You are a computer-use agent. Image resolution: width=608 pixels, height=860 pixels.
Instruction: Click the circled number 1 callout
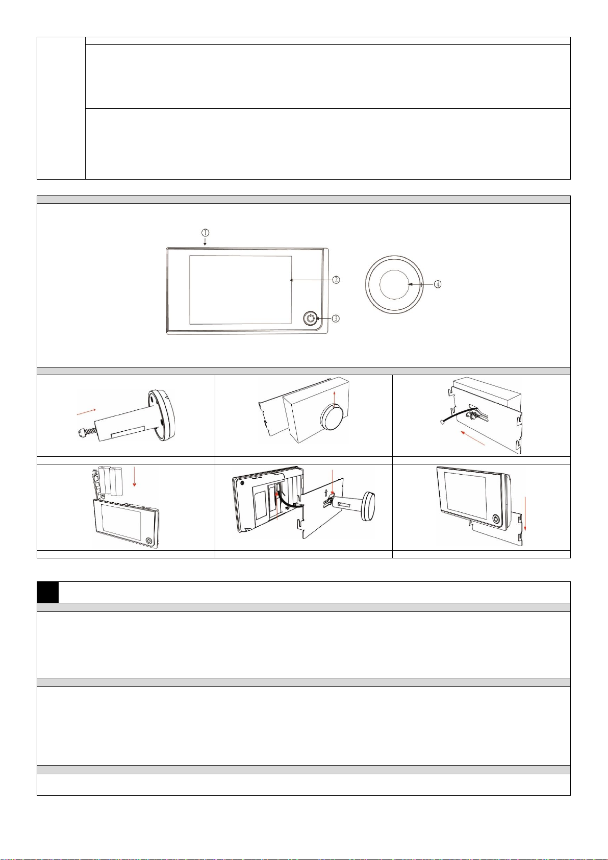pyautogui.click(x=206, y=233)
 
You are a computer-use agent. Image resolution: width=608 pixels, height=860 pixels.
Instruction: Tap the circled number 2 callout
pyautogui.click(x=336, y=280)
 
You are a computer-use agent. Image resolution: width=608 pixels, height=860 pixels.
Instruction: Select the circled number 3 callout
pyautogui.click(x=335, y=318)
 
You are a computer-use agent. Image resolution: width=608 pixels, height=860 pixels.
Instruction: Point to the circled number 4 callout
pyautogui.click(x=437, y=284)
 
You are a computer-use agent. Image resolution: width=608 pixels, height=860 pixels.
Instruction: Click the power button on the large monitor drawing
pyautogui.click(x=311, y=318)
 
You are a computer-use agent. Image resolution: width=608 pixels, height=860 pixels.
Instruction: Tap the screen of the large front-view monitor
pyautogui.click(x=240, y=290)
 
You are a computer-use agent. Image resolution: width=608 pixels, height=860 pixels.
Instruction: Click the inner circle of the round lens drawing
pyautogui.click(x=395, y=284)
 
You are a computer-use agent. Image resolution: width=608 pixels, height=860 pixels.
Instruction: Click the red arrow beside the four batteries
pyautogui.click(x=134, y=477)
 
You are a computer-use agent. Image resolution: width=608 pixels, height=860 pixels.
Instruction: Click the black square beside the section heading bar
pyautogui.click(x=48, y=593)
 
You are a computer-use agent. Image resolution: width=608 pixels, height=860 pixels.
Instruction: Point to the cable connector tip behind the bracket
pyautogui.click(x=440, y=422)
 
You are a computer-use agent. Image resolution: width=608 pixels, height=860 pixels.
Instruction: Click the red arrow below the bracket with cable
pyautogui.click(x=473, y=438)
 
